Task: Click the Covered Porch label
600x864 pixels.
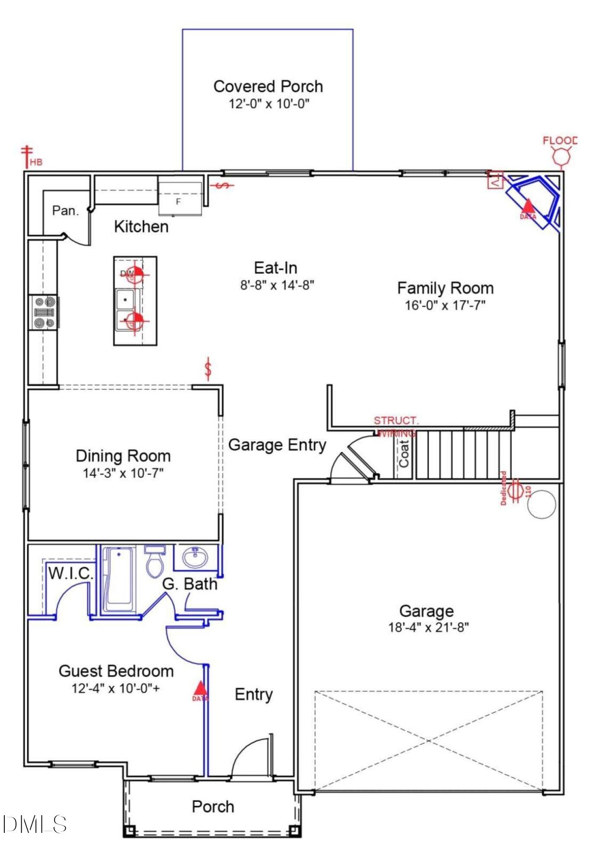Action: pos(268,86)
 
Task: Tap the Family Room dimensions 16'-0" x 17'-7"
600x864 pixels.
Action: pos(445,305)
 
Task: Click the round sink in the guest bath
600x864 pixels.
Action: pos(195,557)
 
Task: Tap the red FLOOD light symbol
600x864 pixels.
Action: pos(562,156)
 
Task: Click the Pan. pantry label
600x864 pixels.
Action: pos(66,211)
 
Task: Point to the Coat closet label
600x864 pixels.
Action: pos(404,454)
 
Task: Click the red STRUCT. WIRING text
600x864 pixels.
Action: pos(396,426)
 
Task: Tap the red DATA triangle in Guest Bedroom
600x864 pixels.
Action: pos(200,688)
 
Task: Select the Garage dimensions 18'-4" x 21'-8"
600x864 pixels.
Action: pos(428,627)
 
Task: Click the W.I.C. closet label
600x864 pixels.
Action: pos(71,574)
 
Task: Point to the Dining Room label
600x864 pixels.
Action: pos(123,456)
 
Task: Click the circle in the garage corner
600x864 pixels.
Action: pos(542,504)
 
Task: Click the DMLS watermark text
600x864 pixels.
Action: pos(35,824)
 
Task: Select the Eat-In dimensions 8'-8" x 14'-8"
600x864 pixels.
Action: pos(277,285)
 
